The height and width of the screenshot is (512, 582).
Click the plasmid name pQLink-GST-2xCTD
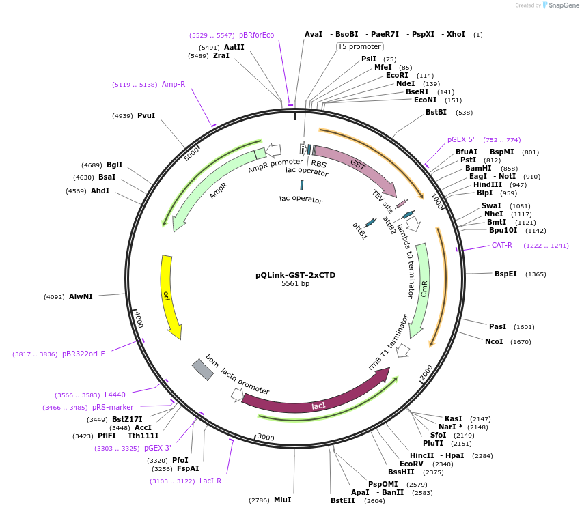(295, 275)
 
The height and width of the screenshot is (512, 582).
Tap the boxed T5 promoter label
(359, 46)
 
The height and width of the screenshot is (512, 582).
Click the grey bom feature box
(203, 369)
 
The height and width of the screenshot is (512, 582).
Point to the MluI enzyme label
(283, 500)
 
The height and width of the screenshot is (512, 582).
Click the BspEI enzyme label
(505, 274)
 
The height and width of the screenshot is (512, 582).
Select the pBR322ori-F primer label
(83, 354)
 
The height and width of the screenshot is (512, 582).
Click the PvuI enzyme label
(146, 115)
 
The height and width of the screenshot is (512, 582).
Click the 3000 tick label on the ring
(265, 438)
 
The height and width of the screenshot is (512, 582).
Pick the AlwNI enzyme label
(81, 296)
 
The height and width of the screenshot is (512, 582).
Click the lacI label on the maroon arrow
(318, 406)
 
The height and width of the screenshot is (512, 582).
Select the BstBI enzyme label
(436, 112)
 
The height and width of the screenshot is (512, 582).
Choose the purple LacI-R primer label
(210, 481)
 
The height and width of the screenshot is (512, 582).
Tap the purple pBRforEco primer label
(256, 35)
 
